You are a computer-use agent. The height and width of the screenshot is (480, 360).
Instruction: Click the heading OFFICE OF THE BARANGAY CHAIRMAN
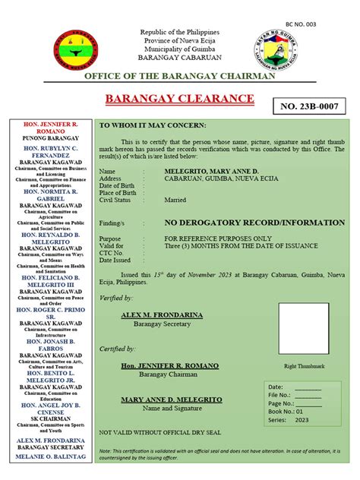[x=179, y=77]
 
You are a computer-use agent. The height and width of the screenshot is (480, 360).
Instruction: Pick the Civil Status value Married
[x=175, y=200]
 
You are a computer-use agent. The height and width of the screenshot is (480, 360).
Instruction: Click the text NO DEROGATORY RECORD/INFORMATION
[x=254, y=223]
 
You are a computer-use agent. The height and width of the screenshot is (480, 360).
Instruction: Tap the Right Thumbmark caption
[x=304, y=366]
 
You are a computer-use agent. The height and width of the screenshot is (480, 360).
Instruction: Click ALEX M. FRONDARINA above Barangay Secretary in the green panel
[x=160, y=314]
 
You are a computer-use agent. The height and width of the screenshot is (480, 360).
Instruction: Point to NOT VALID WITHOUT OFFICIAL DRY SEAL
[x=160, y=432]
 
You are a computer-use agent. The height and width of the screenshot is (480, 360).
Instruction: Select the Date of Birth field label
[x=116, y=185]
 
